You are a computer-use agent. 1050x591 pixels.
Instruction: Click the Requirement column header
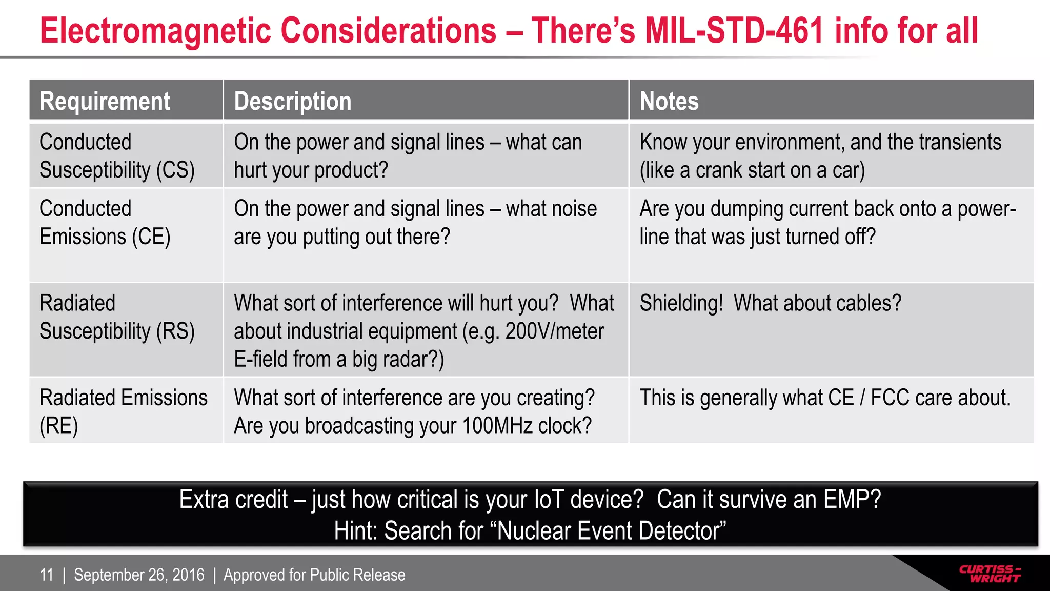click(105, 101)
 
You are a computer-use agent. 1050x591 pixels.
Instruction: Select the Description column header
click(293, 101)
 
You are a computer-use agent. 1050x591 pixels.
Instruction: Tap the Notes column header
click(669, 101)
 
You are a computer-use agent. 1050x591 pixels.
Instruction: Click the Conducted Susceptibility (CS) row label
click(117, 156)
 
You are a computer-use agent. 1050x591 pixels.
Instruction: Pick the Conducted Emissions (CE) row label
click(105, 223)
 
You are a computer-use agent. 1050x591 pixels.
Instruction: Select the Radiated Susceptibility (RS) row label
click(117, 317)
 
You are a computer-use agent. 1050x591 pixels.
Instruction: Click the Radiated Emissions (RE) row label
click(123, 411)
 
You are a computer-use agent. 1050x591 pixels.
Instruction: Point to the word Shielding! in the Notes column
click(681, 303)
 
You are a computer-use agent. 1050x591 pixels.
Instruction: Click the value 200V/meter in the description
click(555, 331)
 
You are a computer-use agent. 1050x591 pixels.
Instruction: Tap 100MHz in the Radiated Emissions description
click(498, 426)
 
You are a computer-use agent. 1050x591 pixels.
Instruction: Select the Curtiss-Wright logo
click(990, 574)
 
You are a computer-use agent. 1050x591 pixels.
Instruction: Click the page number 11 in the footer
click(47, 575)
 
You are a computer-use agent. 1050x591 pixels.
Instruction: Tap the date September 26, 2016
click(139, 575)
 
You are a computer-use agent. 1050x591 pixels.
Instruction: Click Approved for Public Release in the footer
click(314, 575)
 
